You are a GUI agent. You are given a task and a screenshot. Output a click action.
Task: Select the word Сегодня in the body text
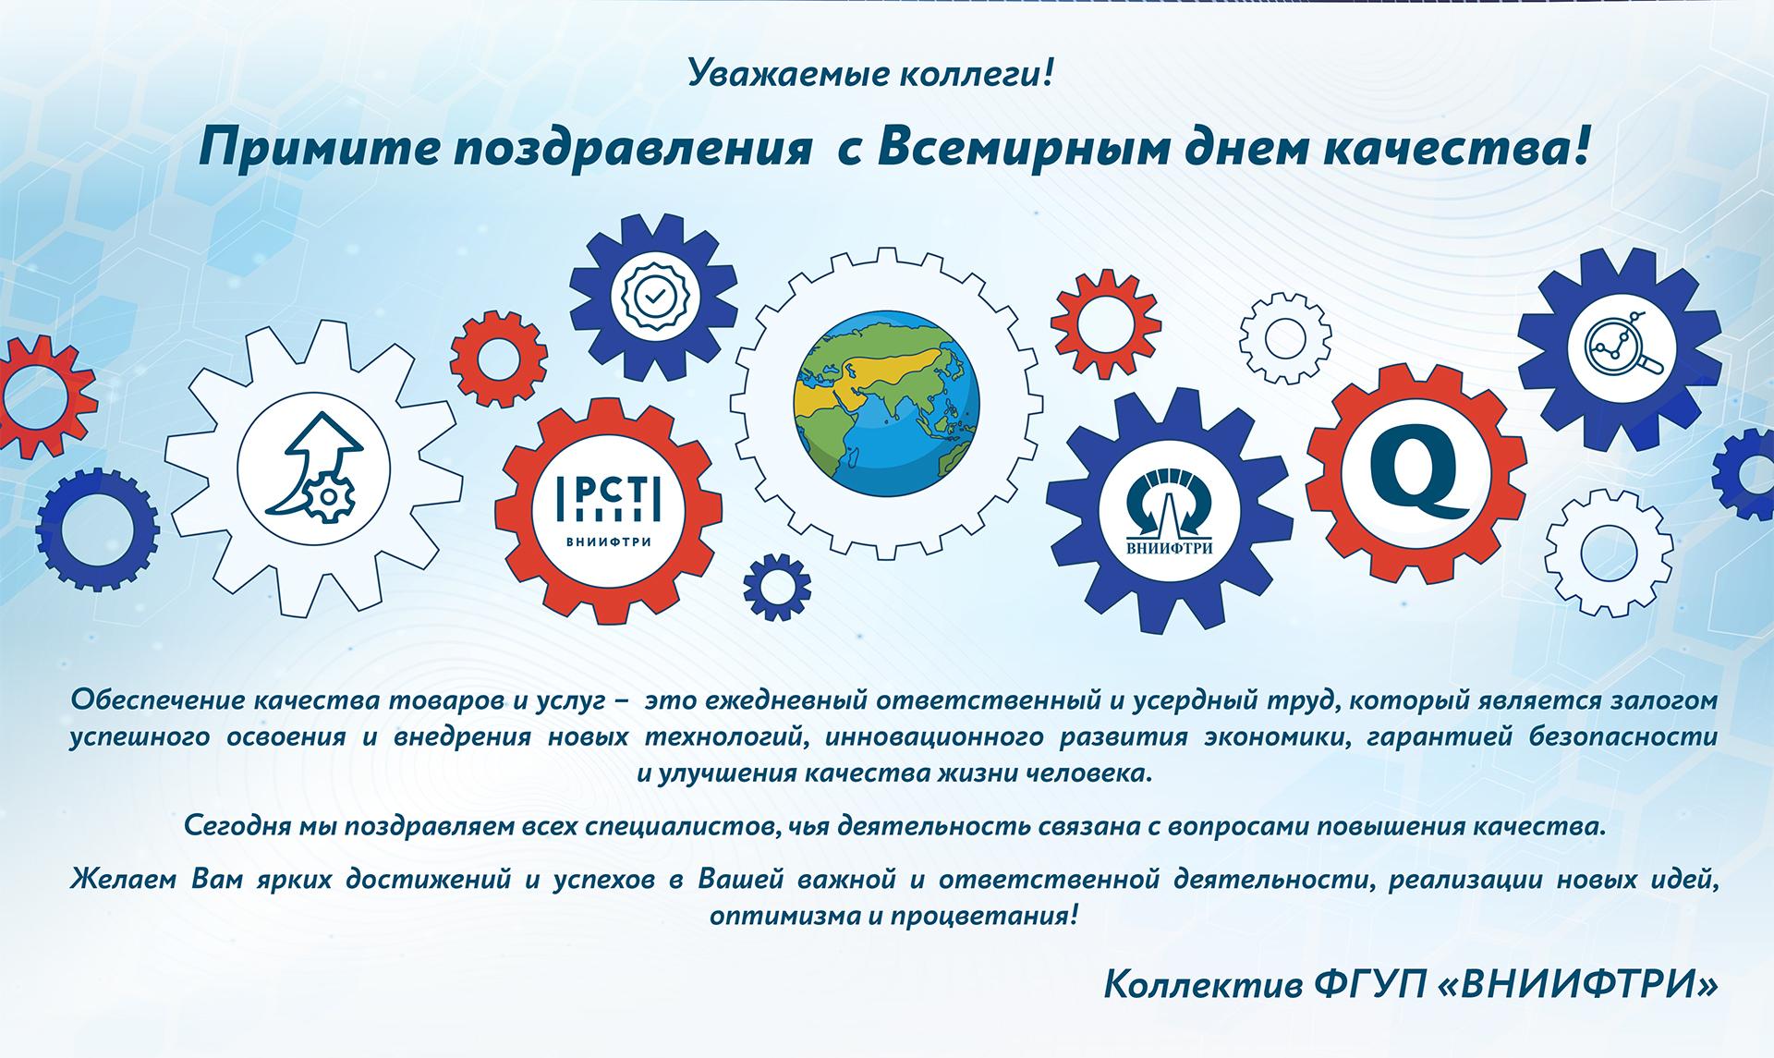pyautogui.click(x=237, y=826)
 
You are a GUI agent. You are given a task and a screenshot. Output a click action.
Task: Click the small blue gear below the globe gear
pyautogui.click(x=777, y=586)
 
